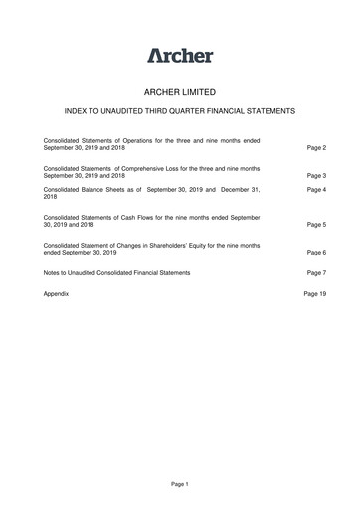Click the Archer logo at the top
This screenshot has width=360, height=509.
pyautogui.click(x=180, y=55)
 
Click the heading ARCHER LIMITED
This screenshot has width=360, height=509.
pyautogui.click(x=180, y=92)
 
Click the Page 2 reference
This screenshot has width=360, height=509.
pyautogui.click(x=317, y=147)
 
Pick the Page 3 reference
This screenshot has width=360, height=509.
pyautogui.click(x=317, y=175)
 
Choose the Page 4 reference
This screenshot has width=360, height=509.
pyautogui.click(x=317, y=189)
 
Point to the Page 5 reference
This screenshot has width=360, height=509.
pyautogui.click(x=317, y=225)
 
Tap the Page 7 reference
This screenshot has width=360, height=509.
pyautogui.click(x=317, y=272)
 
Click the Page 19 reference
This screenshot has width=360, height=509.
pyautogui.click(x=315, y=295)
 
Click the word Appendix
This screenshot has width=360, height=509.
pyautogui.click(x=58, y=295)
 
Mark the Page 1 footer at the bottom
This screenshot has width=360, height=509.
pyautogui.click(x=179, y=483)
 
